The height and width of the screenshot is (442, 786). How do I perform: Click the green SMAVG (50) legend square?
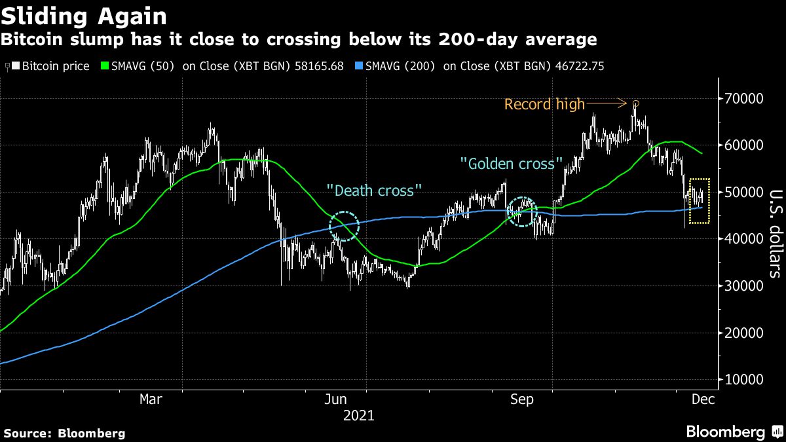104,67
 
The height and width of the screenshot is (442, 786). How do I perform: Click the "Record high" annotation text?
544,104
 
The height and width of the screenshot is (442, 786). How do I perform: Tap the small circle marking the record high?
635,103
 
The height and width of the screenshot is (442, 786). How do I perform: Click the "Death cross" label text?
374,191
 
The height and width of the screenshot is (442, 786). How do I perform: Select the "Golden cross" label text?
512,163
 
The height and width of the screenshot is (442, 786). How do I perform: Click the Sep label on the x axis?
522,399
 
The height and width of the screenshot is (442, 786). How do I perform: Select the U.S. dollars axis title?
774,234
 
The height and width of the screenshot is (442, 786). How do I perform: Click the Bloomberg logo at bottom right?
725,432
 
